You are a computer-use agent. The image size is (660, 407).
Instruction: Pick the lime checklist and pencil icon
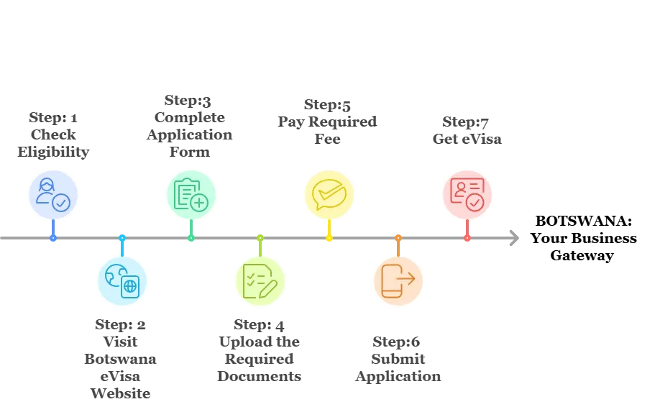coord(260,280)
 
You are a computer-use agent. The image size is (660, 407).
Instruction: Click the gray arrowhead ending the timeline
coord(513,237)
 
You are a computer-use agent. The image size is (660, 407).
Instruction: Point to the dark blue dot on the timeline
coord(53,237)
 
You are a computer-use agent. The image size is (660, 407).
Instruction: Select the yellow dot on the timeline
coord(329,237)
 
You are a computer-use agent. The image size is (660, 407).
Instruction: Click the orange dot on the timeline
coord(398,237)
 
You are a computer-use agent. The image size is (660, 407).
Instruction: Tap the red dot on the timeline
coord(467,237)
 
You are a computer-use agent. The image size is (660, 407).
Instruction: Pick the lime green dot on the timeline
coord(260,237)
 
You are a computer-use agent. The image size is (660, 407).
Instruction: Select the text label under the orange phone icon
coord(397,360)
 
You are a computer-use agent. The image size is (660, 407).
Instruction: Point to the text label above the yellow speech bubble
coord(328,120)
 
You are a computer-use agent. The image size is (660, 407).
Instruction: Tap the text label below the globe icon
coord(122,360)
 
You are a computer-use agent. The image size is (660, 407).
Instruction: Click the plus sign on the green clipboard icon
coord(199,203)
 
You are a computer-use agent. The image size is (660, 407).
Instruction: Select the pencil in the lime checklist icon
coord(267,288)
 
